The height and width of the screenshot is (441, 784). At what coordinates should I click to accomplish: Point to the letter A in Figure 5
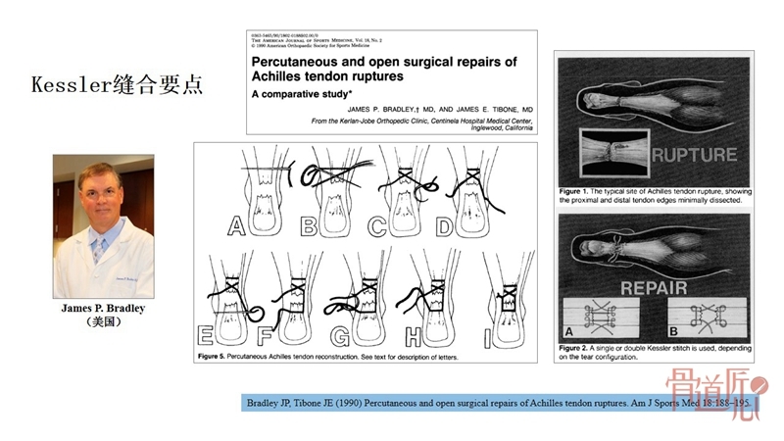tap(236, 227)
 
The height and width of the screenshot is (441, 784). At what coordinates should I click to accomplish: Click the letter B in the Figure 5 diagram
tap(310, 227)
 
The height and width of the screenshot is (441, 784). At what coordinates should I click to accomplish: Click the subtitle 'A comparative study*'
tap(293, 96)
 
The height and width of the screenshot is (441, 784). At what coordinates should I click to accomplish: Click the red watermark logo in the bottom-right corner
tap(723, 397)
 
